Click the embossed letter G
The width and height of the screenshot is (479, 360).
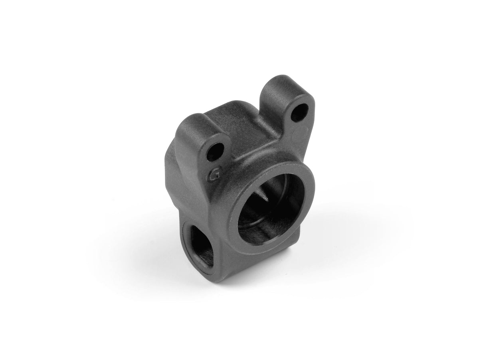[216, 175]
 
